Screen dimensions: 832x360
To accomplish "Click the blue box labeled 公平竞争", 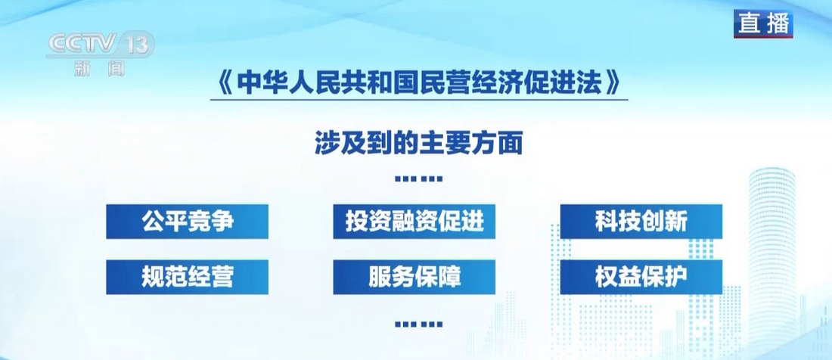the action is pos(187,222).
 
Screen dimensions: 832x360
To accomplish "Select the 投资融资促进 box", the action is pos(414,222).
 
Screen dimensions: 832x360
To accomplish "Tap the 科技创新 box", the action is pos(641,222).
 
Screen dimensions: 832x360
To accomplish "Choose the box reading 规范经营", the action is pos(187,277).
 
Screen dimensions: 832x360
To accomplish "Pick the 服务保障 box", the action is pos(414,277).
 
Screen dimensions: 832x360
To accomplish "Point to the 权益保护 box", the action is pos(641,277).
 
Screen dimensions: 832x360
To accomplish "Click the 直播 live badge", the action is pos(764,24).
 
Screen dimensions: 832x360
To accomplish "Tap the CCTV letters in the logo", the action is pos(82,43).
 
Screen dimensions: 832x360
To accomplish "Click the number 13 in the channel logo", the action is pos(137,44).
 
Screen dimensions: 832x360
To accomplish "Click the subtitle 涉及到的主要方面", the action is pos(419,143).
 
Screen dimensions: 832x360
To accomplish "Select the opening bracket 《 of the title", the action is pos(225,83).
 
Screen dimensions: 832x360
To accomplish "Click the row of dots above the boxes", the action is pos(419,179).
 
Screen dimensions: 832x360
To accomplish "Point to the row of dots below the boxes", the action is pos(419,324).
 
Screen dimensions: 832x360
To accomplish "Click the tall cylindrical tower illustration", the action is pos(772,260).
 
